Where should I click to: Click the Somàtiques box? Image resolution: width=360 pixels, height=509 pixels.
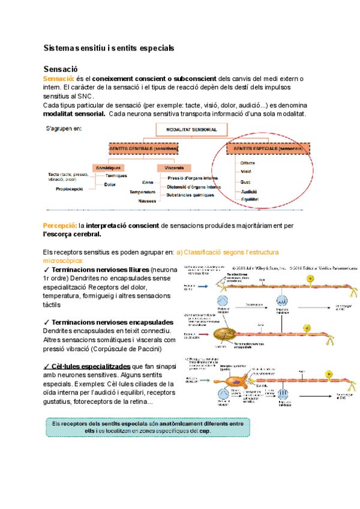coord(109,167)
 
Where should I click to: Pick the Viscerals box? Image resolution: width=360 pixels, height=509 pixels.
coord(173,167)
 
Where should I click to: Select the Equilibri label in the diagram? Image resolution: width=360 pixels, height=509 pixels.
coord(249,199)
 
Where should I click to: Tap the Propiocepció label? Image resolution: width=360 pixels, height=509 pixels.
coord(70,188)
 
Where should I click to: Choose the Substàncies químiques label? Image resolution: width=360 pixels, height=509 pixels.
coord(191,194)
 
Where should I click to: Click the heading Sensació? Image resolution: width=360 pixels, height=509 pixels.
coord(61,69)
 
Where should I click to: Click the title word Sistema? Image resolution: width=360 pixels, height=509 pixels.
coord(61,47)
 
